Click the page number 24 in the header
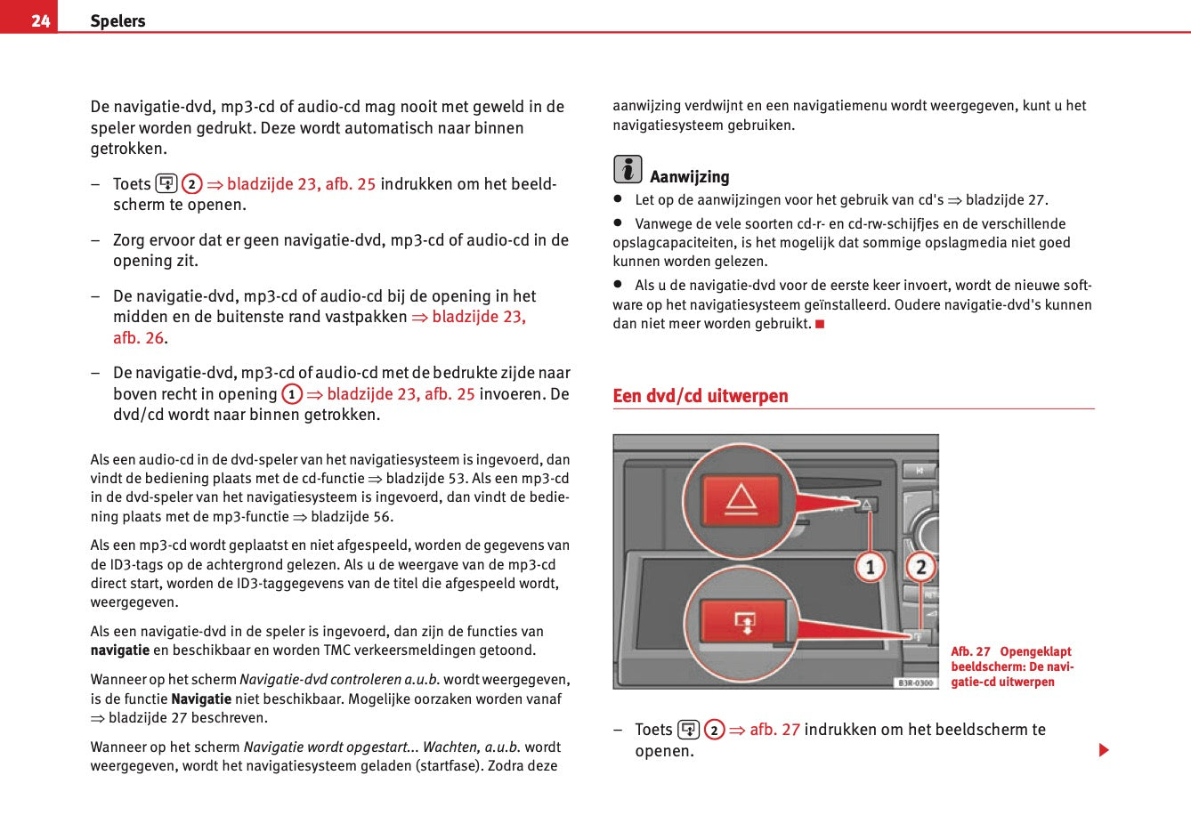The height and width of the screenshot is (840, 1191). point(40,20)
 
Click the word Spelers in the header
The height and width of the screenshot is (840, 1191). point(117,20)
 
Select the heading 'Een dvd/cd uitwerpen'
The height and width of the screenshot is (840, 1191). point(700,396)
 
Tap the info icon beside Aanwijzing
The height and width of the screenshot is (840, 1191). point(627,169)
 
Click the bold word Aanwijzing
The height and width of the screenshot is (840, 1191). point(689,177)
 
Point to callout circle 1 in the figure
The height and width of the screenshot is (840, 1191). point(870,566)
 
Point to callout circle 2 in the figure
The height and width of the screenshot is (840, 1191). point(920,566)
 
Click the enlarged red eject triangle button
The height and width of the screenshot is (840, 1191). point(741,499)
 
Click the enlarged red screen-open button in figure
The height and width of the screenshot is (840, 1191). point(744,622)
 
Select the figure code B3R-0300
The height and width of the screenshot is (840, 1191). point(915,682)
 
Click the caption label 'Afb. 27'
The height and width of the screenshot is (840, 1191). point(970,651)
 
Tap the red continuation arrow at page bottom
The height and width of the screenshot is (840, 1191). point(1104,750)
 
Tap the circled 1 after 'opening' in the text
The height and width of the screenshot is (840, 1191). point(292,394)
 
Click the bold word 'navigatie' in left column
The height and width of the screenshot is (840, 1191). point(119,650)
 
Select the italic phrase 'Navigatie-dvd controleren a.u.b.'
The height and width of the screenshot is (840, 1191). point(339,680)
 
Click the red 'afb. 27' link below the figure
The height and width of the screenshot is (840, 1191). point(774,730)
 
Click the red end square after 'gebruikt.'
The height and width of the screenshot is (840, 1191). point(820,324)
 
